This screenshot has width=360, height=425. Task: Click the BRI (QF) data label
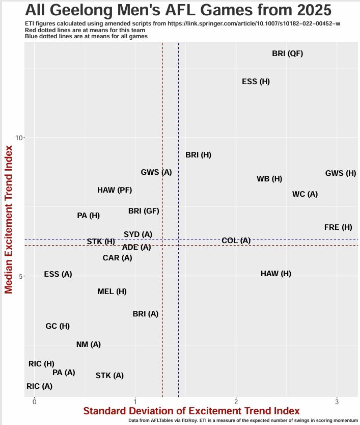click(288, 54)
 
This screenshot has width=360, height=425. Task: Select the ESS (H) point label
click(256, 82)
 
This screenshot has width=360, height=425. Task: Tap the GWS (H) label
click(341, 173)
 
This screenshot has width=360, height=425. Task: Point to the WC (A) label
click(305, 194)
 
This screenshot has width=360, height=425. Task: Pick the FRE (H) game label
click(338, 227)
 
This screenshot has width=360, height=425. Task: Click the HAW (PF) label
click(115, 190)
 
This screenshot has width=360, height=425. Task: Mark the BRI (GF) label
click(144, 211)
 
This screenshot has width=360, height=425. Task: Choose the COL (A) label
click(236, 241)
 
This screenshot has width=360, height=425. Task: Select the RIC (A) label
click(39, 386)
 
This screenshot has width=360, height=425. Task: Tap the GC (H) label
click(58, 326)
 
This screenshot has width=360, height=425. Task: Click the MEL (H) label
click(112, 291)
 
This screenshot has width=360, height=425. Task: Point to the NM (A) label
click(89, 344)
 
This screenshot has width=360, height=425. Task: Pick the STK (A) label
click(109, 376)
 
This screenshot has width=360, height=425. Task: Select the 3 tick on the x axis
click(337, 402)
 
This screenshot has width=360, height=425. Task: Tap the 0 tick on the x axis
click(34, 402)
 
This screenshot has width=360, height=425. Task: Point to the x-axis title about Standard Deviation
click(191, 411)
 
